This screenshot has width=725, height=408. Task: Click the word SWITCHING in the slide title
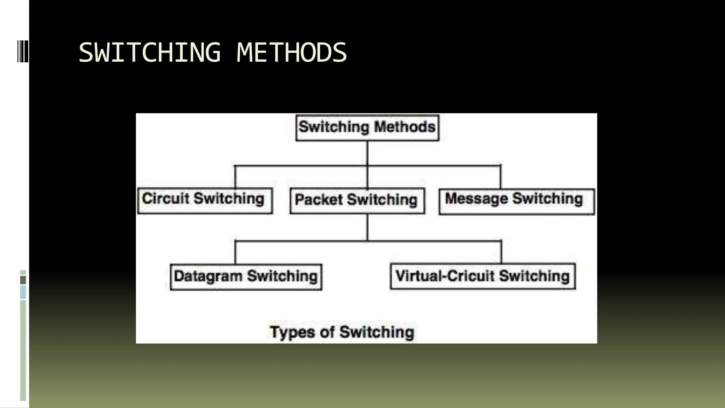pyautogui.click(x=149, y=52)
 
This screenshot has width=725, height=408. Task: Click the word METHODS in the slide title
pyautogui.click(x=291, y=52)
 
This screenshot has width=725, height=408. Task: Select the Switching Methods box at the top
pyautogui.click(x=367, y=127)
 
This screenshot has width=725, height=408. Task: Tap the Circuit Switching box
pyautogui.click(x=205, y=200)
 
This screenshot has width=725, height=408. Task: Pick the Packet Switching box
pyautogui.click(x=357, y=200)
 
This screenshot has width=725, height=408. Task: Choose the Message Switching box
pyautogui.click(x=516, y=201)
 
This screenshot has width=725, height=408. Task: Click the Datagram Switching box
pyautogui.click(x=246, y=277)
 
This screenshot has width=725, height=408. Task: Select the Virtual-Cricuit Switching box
pyautogui.click(x=483, y=277)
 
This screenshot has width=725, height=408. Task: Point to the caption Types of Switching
pyautogui.click(x=342, y=332)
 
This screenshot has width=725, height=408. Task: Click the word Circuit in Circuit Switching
pyautogui.click(x=166, y=199)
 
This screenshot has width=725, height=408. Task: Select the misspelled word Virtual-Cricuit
pyautogui.click(x=445, y=276)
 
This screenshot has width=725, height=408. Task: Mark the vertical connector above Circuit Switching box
pyautogui.click(x=235, y=177)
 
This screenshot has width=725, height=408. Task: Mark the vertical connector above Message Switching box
pyautogui.click(x=501, y=177)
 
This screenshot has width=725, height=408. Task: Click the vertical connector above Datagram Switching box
pyautogui.click(x=235, y=253)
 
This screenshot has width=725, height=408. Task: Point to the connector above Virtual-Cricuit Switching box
pyautogui.click(x=501, y=252)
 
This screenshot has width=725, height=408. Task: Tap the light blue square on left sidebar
pyautogui.click(x=23, y=293)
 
